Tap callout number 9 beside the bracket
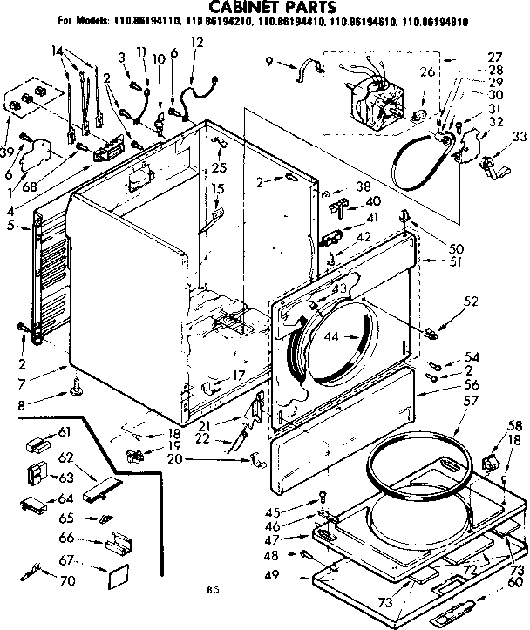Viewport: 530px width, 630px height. point(270,61)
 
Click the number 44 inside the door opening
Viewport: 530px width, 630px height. point(331,335)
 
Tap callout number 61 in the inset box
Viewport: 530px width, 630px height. point(65,432)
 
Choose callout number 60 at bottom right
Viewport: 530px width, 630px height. point(514,581)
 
